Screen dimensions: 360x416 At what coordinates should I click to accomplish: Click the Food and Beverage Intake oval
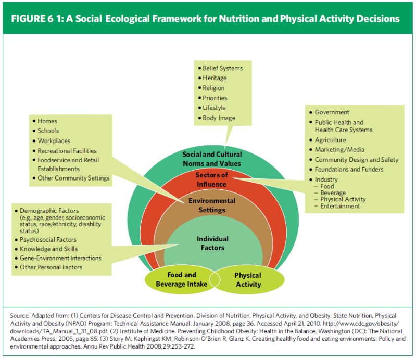click(x=181, y=279)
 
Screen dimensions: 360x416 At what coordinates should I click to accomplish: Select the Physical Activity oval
click(x=248, y=279)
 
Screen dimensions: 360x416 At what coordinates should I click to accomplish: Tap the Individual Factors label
click(x=212, y=243)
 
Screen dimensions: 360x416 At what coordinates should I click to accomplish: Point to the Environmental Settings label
click(x=212, y=205)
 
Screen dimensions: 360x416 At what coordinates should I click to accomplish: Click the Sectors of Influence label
click(x=211, y=179)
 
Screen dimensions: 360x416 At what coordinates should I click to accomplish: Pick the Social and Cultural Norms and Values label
click(x=212, y=159)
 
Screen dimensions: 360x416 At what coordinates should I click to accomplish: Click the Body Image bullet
click(x=219, y=118)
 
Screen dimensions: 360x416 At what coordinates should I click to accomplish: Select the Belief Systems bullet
click(x=222, y=68)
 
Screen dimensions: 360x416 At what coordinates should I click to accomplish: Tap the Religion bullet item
click(x=213, y=88)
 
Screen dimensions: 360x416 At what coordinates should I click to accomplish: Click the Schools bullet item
click(x=48, y=131)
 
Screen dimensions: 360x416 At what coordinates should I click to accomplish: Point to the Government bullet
click(x=332, y=112)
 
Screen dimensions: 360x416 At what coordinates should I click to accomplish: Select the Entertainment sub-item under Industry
click(x=340, y=206)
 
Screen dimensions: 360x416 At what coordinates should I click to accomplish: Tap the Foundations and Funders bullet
click(x=349, y=170)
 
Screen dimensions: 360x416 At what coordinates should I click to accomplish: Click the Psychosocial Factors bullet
click(x=48, y=240)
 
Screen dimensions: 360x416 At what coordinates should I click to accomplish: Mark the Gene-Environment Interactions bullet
click(x=60, y=258)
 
